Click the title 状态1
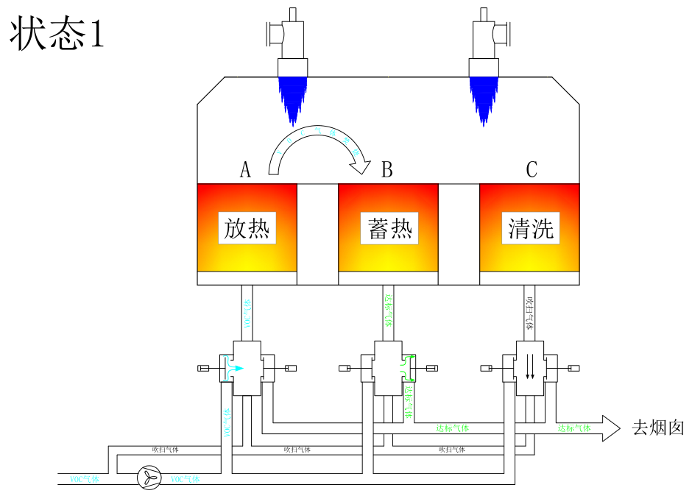pos(57,35)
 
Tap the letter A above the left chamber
pos(246,170)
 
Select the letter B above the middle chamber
pos(386,170)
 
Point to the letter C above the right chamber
pos(532,170)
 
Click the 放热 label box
pos(247,228)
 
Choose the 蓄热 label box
pos(389,228)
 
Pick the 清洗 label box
pos(531,228)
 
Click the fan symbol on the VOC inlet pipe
pos(149,478)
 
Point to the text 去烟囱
pos(658,428)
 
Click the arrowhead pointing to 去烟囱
pos(610,428)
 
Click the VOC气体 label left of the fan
pos(84,479)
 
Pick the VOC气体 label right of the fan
pos(185,479)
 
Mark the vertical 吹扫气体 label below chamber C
pos(529,312)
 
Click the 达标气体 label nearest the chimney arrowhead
pos(573,428)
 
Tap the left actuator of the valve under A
pos(205,367)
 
